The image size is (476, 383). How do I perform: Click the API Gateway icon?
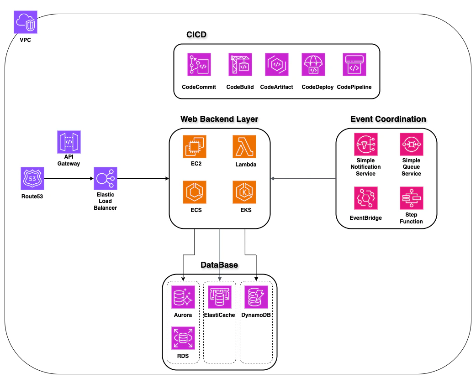click(x=69, y=142)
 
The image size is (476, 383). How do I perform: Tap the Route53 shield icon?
click(x=32, y=178)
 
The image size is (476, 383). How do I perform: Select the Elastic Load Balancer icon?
click(x=106, y=178)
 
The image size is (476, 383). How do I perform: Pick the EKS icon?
click(x=244, y=192)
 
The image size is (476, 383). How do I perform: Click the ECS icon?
click(x=194, y=192)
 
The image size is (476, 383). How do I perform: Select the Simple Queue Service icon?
click(x=411, y=145)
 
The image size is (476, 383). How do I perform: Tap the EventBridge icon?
click(x=365, y=198)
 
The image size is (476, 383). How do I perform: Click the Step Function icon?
click(x=411, y=198)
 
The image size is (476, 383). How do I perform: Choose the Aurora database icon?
click(x=183, y=297)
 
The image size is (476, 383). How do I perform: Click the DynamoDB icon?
click(x=256, y=297)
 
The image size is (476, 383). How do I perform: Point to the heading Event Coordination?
click(x=388, y=119)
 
